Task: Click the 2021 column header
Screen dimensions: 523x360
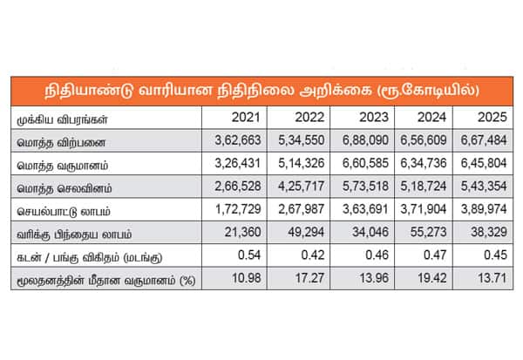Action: [x=246, y=118]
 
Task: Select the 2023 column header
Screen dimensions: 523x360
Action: [x=374, y=118]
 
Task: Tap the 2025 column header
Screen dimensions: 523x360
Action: [x=492, y=118]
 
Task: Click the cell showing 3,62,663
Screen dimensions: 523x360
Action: [x=237, y=140]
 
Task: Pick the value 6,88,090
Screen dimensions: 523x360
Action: [x=365, y=140]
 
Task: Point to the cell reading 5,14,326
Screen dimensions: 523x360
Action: [x=302, y=163]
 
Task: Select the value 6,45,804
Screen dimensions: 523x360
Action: [x=484, y=163]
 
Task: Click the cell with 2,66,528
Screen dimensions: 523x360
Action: [x=237, y=187]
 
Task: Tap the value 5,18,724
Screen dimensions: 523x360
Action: [x=424, y=187]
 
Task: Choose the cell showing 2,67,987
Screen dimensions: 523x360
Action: [x=302, y=209]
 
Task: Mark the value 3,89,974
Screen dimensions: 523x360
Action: [x=484, y=209]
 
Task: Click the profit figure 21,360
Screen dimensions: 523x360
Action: [x=242, y=232]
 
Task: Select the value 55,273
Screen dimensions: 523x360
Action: [x=428, y=232]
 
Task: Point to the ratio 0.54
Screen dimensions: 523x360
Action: [x=249, y=255]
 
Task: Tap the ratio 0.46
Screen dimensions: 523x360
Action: [x=377, y=255]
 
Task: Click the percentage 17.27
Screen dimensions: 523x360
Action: [x=309, y=278]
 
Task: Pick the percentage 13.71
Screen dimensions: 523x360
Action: [x=492, y=278]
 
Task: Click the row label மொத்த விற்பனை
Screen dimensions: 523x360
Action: [x=61, y=143]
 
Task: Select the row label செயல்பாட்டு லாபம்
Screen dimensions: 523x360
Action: [x=64, y=212]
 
